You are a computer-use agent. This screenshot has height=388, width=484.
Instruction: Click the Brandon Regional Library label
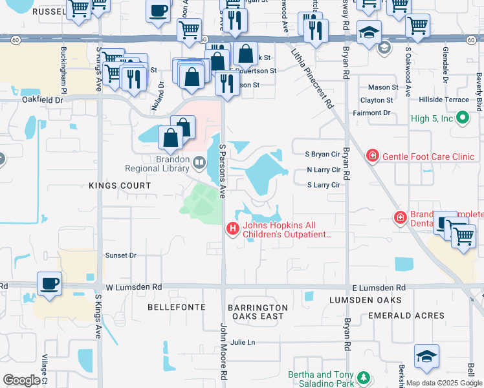click(171, 164)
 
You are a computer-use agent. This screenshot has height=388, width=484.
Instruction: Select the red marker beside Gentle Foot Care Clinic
click(372, 156)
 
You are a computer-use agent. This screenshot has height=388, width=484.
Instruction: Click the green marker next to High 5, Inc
click(462, 118)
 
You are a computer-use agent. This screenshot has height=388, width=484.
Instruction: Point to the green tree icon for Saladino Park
click(364, 377)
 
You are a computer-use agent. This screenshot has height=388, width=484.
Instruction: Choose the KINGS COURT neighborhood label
click(120, 186)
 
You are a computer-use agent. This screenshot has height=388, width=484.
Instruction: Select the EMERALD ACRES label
click(406, 316)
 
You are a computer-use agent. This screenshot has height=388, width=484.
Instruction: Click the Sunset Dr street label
click(121, 255)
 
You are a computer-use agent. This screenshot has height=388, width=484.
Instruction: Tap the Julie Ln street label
click(243, 342)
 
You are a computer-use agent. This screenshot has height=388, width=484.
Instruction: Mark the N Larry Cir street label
click(324, 170)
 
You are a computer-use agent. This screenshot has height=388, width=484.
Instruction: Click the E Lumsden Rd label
click(379, 287)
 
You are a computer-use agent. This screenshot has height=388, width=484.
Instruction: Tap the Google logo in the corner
click(21, 380)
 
